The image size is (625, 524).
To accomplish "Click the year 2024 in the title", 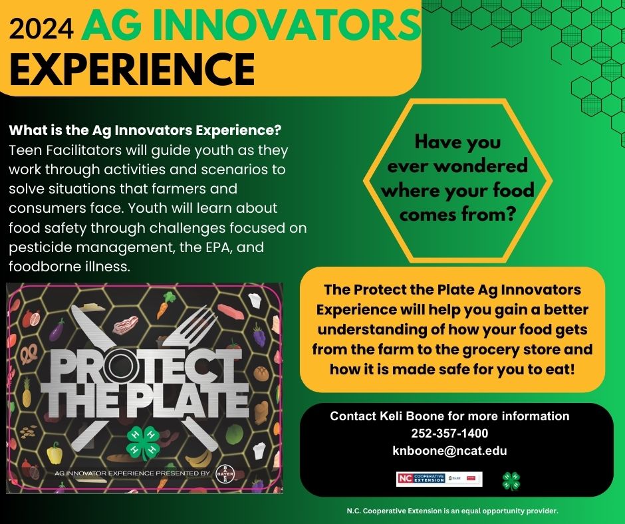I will click(43, 28).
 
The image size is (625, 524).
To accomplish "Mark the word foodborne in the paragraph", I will click(43, 267).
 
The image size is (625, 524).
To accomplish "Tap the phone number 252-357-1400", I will click(449, 434).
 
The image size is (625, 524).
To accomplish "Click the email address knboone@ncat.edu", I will click(449, 451).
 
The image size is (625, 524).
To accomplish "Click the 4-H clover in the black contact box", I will click(511, 480).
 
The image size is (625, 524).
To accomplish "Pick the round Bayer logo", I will click(221, 473).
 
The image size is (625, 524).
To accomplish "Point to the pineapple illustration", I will click(27, 397).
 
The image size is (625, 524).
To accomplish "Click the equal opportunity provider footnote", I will click(451, 511).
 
